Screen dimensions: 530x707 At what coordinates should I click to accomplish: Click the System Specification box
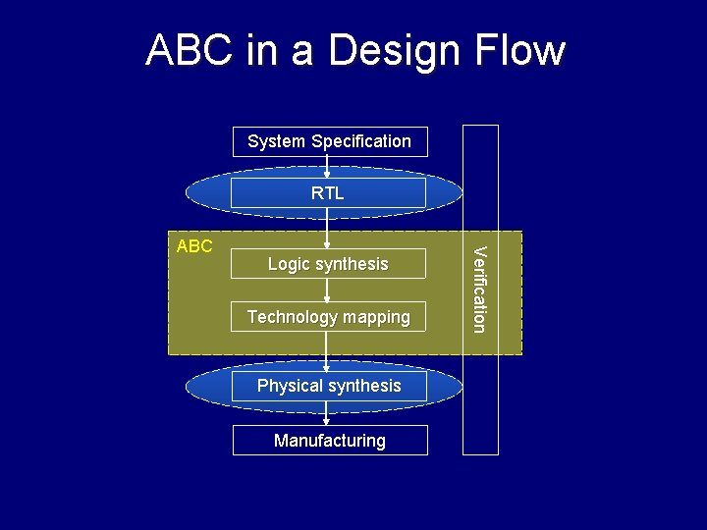(329, 141)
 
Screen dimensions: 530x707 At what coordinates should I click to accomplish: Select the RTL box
(328, 193)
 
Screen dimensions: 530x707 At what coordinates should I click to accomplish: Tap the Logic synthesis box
(328, 264)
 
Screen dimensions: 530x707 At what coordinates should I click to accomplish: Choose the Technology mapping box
(328, 317)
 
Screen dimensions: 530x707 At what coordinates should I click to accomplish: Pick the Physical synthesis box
(329, 386)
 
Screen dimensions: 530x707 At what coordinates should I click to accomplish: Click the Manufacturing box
(330, 441)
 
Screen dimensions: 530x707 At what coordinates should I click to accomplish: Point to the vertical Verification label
(478, 291)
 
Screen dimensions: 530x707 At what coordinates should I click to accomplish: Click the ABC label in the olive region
(194, 245)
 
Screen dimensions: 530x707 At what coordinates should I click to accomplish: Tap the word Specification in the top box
(360, 141)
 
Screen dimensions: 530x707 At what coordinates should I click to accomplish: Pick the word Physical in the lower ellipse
(290, 386)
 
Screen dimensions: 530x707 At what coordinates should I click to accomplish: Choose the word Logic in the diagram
(289, 264)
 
